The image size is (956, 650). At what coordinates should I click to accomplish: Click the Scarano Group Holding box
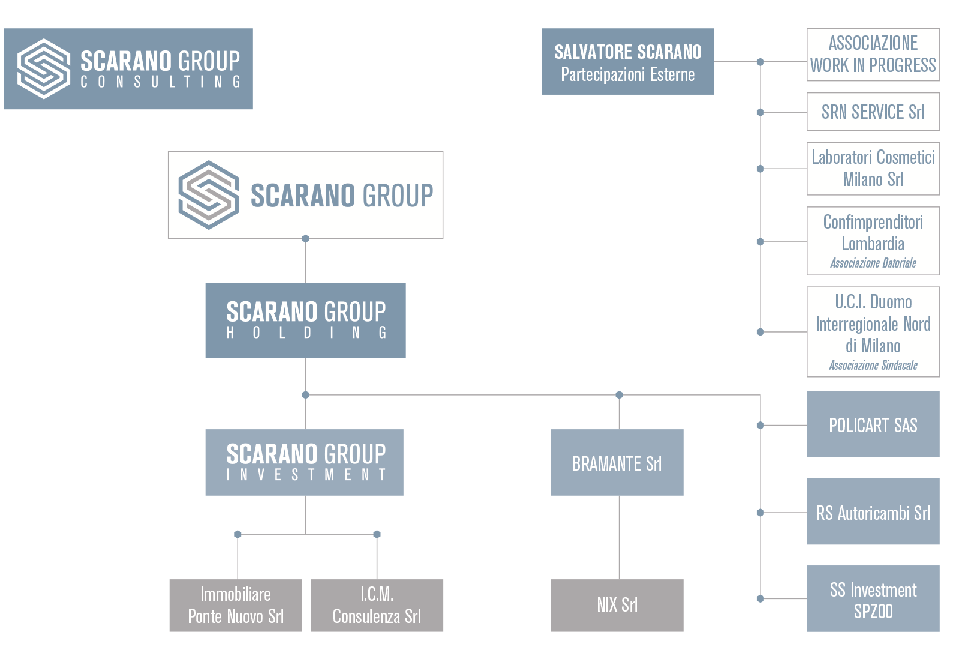point(305,320)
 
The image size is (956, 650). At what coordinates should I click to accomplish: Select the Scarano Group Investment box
point(304,462)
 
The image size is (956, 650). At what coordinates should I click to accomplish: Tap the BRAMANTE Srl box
point(617,463)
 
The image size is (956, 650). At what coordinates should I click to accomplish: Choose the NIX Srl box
point(617,605)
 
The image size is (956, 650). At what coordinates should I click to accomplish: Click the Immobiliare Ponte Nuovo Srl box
point(235,605)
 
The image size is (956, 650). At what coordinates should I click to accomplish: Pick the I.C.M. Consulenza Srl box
point(377,605)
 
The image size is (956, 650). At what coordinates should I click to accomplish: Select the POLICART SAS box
point(873,424)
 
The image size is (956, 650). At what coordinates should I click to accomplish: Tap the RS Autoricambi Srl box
point(873,512)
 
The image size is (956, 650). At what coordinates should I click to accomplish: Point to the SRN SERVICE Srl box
point(873,112)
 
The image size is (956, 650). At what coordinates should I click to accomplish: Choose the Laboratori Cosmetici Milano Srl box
point(873,169)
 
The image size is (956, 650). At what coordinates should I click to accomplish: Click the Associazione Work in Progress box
point(873,55)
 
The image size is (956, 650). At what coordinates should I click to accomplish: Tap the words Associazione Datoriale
point(873,263)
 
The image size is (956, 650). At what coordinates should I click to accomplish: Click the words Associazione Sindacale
point(873,365)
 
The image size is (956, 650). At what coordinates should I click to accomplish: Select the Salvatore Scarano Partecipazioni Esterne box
point(627,62)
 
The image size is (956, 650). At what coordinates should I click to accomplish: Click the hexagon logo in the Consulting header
point(44,68)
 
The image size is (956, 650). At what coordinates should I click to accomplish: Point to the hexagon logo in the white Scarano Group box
point(208,195)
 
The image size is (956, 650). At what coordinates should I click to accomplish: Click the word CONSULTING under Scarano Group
point(161,82)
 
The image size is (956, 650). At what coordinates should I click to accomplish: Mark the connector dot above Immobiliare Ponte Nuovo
point(238,534)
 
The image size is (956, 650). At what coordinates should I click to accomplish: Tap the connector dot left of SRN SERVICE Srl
point(760,112)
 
